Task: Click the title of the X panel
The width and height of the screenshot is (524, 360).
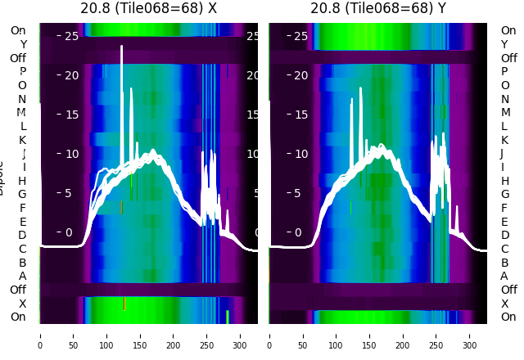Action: [x=148, y=8]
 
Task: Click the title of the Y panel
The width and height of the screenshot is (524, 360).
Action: [x=378, y=8]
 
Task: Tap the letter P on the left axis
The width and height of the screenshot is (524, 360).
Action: [x=22, y=71]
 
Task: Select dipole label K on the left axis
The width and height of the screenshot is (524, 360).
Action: [x=22, y=140]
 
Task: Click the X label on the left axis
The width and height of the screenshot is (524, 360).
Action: [x=22, y=304]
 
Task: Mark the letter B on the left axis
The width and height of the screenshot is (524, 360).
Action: [x=22, y=263]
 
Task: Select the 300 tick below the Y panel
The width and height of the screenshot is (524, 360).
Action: [x=470, y=335]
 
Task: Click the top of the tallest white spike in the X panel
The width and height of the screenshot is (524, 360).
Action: [x=121, y=47]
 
